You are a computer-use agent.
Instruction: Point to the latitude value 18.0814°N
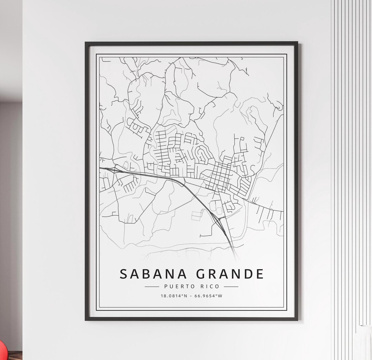point(174,296)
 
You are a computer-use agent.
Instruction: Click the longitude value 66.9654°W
point(208,296)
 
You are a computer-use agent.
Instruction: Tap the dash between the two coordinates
point(191,296)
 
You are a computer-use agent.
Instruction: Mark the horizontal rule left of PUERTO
point(152,286)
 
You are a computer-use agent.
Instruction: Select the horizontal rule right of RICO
point(231,286)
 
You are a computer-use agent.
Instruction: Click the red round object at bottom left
point(3,351)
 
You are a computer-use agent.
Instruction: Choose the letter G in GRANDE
point(202,274)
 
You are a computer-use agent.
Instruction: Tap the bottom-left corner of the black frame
point(86,320)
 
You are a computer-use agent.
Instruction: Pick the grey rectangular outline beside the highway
point(197,215)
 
